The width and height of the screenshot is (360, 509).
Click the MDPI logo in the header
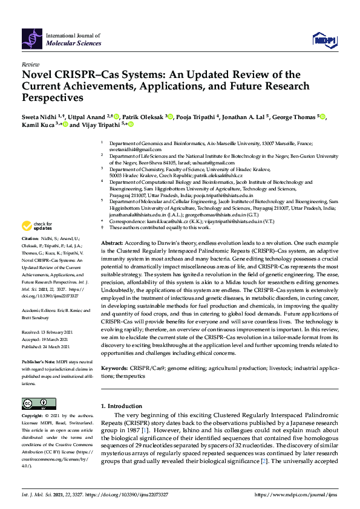tap(324, 41)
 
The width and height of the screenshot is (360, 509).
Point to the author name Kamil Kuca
tap(36, 125)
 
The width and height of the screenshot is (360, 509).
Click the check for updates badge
tap(37, 227)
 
